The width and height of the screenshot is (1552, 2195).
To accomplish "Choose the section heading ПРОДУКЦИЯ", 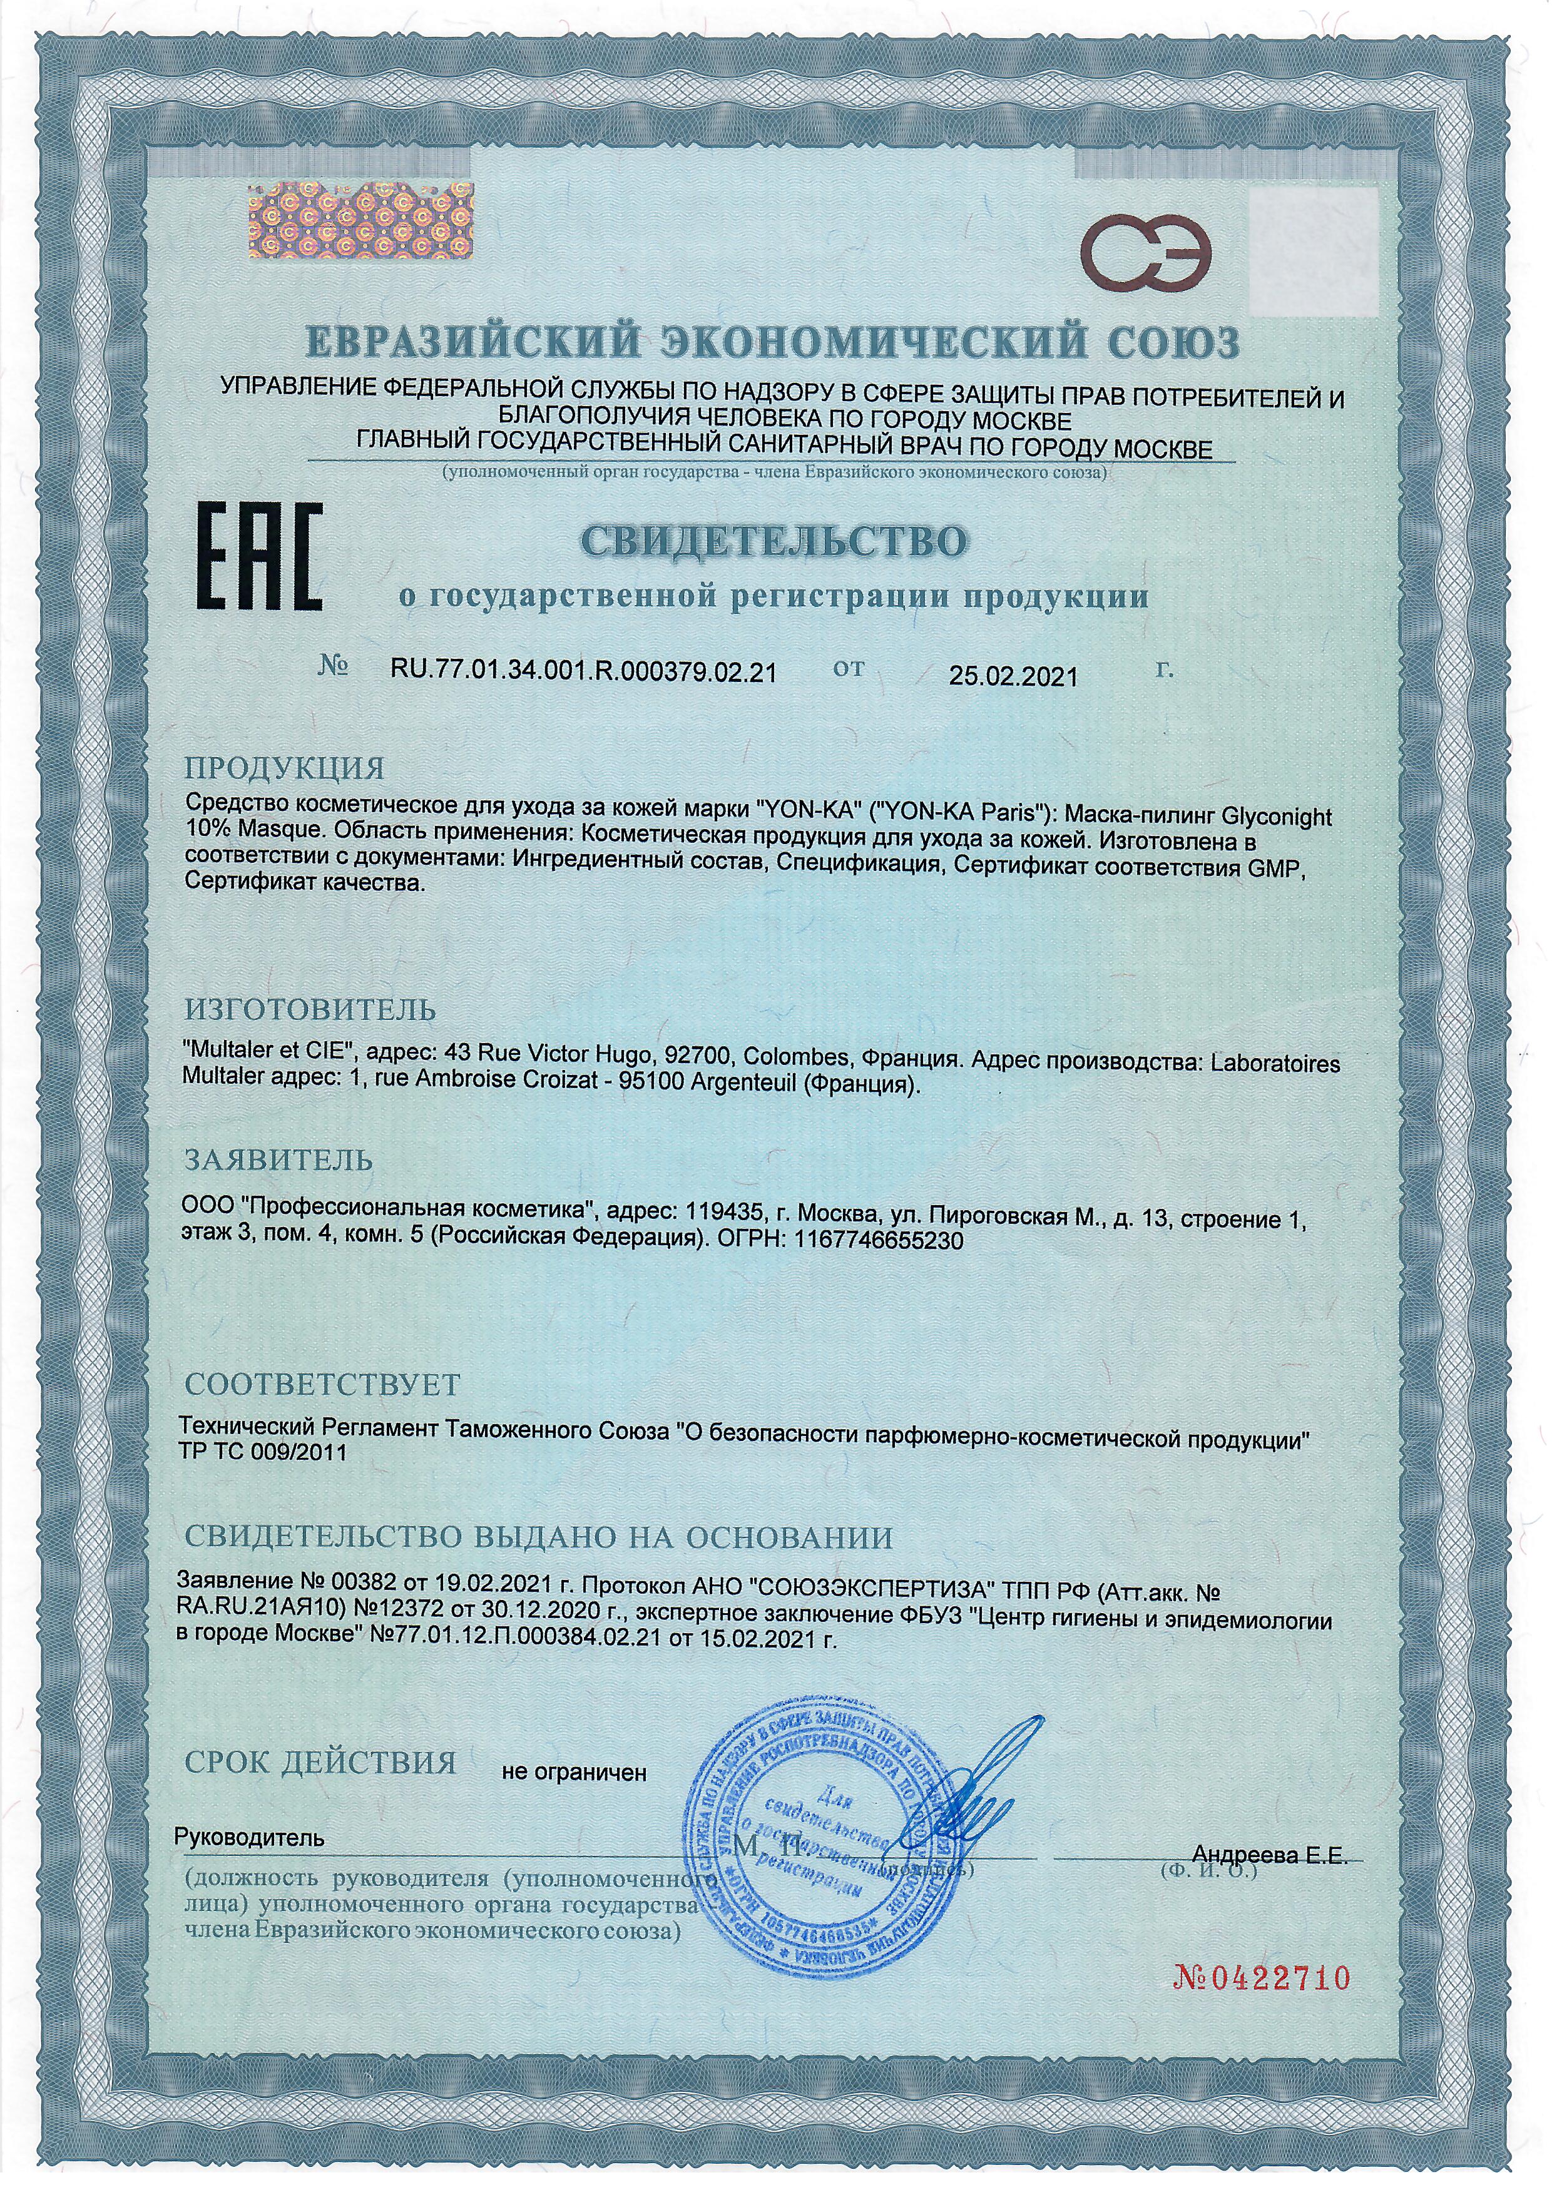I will (284, 768).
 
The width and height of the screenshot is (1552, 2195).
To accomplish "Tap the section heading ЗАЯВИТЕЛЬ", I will (278, 1161).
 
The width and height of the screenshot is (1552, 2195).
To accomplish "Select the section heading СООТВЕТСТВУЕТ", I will (322, 1383).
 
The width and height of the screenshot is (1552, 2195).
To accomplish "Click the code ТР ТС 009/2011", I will (263, 1450).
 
